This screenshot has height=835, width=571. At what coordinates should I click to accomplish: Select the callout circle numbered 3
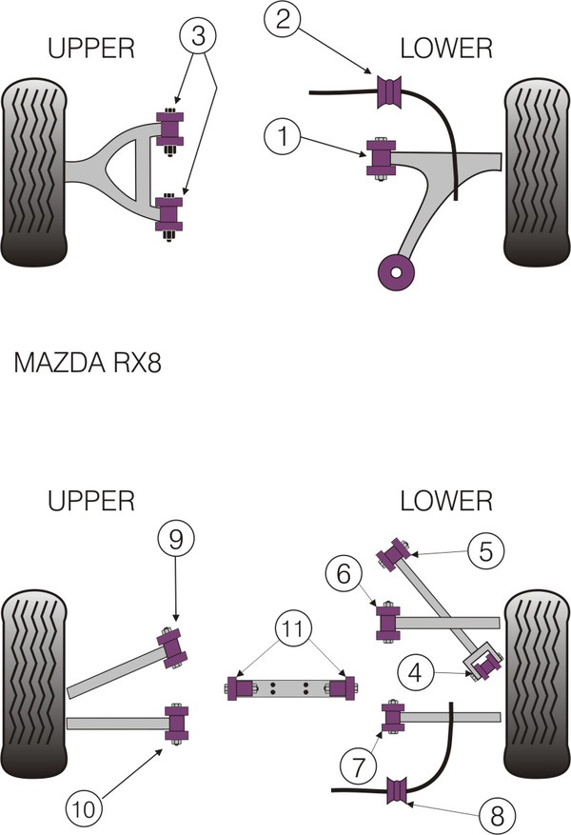197,39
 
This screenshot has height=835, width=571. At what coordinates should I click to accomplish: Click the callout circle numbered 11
294,628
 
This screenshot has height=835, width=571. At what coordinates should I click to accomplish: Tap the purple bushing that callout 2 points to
390,90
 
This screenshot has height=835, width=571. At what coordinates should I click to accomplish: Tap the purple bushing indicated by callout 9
173,646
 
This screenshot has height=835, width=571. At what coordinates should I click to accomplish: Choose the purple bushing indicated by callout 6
390,622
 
